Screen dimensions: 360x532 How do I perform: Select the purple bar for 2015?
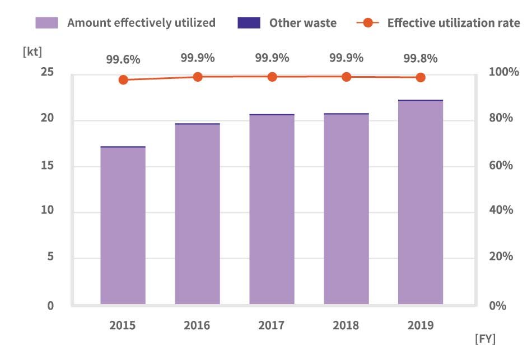click(123, 226)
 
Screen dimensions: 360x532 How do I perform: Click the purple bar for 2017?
click(272, 209)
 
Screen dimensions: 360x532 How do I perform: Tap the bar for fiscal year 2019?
click(421, 202)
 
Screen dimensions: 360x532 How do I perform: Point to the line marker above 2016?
click(198, 77)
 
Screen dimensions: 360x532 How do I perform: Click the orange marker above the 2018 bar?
click(347, 77)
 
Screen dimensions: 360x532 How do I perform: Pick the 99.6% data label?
click(123, 59)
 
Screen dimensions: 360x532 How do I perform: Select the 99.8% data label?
click(421, 58)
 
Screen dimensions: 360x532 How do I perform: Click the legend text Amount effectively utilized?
click(141, 23)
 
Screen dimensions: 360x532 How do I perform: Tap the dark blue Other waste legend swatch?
click(249, 23)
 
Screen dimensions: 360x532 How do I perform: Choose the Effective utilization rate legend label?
click(454, 23)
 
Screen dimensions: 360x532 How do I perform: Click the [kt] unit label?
click(32, 52)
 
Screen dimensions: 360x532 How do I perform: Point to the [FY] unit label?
click(485, 339)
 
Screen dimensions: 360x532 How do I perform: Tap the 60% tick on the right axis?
click(501, 165)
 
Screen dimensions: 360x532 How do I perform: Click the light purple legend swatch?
click(47, 23)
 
